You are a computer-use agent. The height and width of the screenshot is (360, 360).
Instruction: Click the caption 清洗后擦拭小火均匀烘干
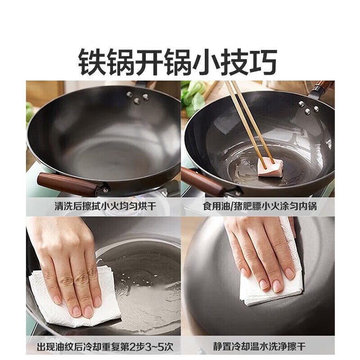click(x=103, y=207)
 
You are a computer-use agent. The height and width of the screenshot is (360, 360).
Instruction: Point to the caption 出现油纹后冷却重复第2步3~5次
click(x=103, y=347)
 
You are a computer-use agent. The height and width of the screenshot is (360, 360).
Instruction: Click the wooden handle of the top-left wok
click(x=67, y=184)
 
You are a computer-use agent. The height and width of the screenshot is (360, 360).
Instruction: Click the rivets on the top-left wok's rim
click(x=137, y=95)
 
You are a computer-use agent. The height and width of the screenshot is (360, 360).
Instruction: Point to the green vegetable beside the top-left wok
click(x=30, y=112)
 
